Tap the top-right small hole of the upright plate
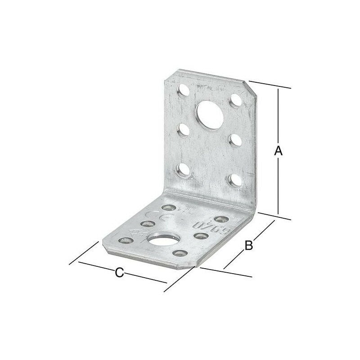coord(234,100)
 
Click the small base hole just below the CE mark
coord(147,224)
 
